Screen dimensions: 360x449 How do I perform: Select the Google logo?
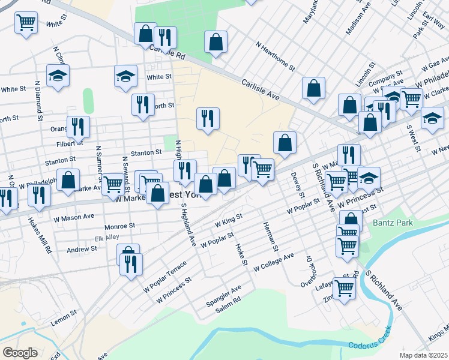click(x=20, y=352)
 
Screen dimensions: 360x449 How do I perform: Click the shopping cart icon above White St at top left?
click(x=26, y=23)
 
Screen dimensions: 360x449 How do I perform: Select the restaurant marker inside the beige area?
click(x=208, y=118)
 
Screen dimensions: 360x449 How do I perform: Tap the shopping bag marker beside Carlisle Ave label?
click(x=313, y=88)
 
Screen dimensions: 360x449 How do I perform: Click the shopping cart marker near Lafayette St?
click(x=344, y=287)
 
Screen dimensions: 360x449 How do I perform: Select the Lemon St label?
click(x=64, y=313)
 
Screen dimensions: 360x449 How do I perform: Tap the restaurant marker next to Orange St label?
click(x=78, y=127)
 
